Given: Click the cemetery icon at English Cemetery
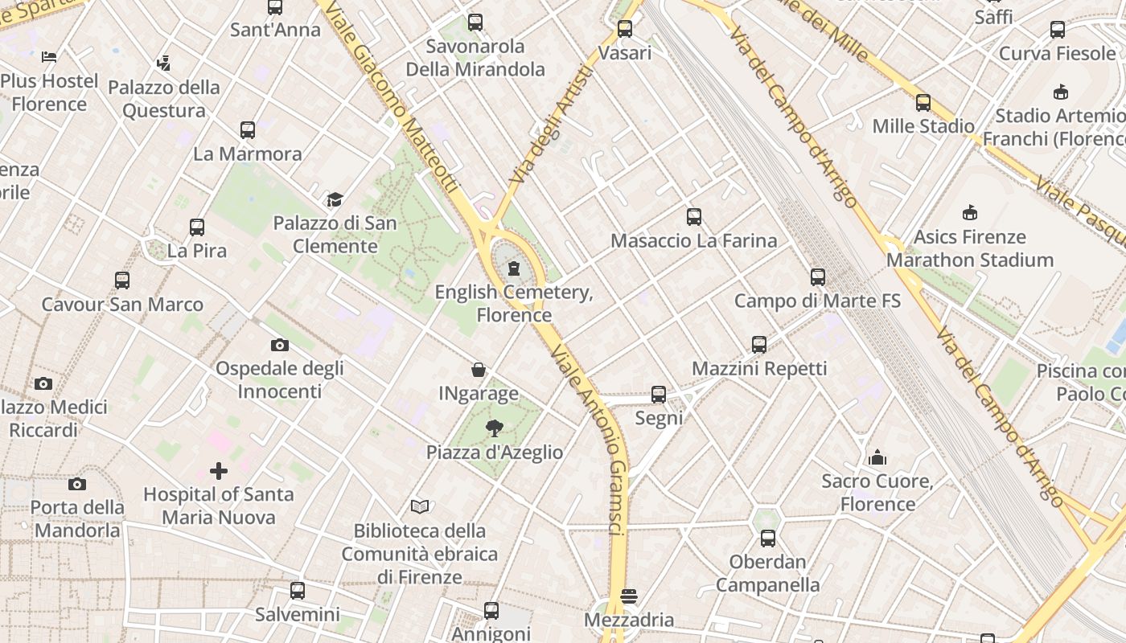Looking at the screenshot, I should click(x=514, y=268).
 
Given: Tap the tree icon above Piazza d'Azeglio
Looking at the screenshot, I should click(x=495, y=428).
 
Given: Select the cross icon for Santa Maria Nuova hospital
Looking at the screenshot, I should click(x=219, y=470).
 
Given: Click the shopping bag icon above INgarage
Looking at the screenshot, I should click(x=479, y=370).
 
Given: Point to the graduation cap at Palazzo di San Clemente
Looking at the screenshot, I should click(x=335, y=199).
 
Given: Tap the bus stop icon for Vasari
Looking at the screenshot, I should click(x=625, y=30).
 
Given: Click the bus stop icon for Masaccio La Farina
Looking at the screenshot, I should click(x=694, y=217).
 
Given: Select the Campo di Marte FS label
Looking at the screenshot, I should click(x=817, y=301).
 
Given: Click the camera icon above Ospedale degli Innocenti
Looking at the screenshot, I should click(x=279, y=345).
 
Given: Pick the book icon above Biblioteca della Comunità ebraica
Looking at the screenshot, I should click(x=420, y=506).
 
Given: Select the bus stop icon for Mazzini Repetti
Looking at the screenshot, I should click(x=759, y=345).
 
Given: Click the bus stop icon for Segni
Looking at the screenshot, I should click(x=659, y=395).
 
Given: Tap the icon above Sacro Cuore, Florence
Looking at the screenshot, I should click(x=877, y=457).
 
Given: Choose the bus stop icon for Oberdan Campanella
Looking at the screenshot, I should click(x=768, y=538).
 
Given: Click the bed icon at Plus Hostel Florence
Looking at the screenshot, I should click(x=49, y=57).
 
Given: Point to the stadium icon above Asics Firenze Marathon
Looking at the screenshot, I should click(x=970, y=213).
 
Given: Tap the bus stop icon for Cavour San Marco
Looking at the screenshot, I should click(x=122, y=281).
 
